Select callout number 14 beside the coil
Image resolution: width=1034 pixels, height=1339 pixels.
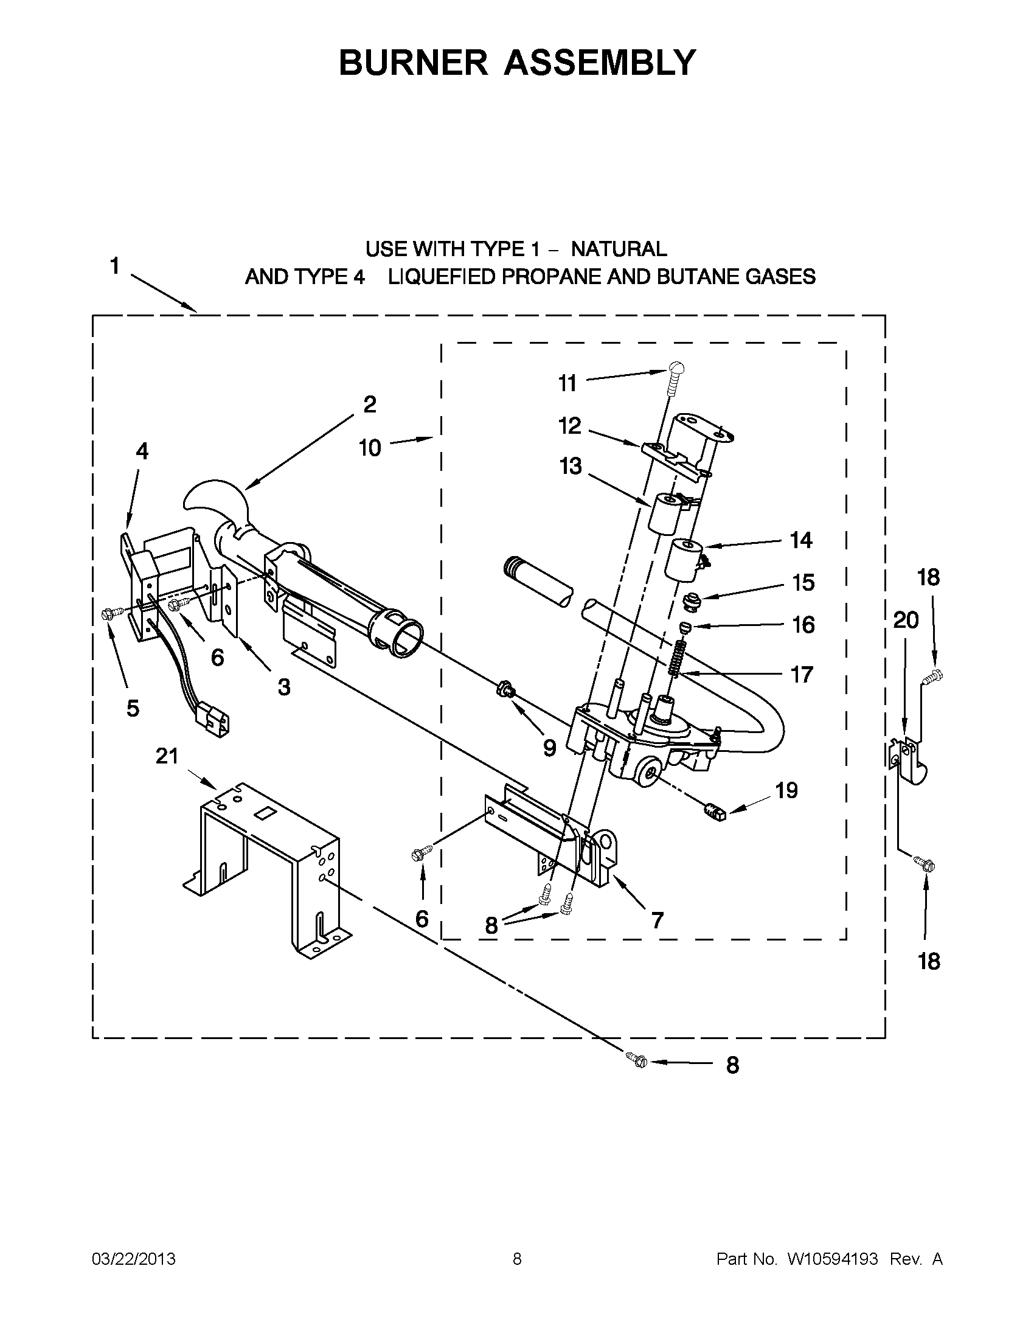coord(801,540)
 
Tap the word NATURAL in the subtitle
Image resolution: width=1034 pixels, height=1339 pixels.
coord(619,249)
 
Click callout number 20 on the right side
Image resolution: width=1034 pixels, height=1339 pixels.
coord(906,621)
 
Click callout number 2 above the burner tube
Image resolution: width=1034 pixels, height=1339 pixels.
coord(369,405)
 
